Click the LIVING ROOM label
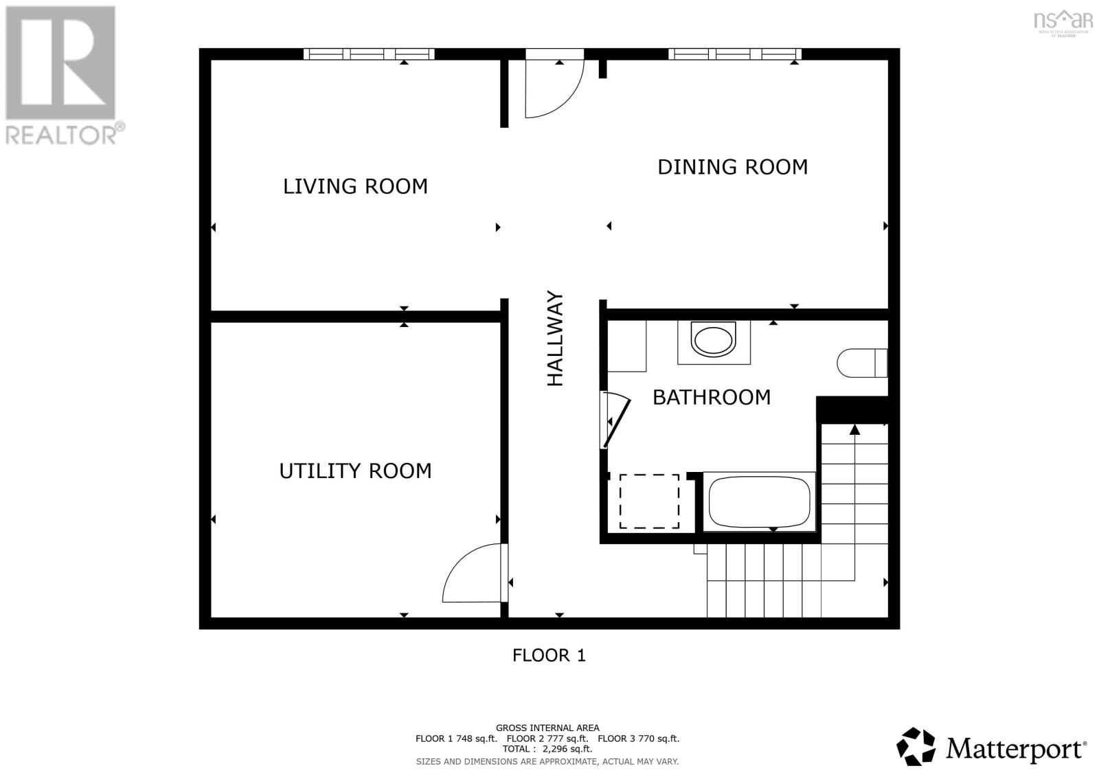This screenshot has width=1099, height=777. pos(355,186)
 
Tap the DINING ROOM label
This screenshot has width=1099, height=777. pos(732,167)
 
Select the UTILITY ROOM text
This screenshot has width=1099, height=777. pos(355,471)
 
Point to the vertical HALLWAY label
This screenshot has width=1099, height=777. pos(555,339)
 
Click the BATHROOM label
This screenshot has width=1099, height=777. pos(711,397)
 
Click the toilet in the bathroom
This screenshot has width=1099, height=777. pos(860,363)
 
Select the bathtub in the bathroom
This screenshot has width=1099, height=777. pos(759,502)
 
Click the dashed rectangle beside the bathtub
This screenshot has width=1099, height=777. pos(649,502)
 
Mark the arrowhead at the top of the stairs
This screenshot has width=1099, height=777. pos(854,430)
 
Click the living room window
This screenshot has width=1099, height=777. pos(369,54)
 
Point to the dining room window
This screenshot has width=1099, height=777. pos(735,54)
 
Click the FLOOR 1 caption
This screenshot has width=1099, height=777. pos(549,655)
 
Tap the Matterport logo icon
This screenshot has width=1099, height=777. pos(916,746)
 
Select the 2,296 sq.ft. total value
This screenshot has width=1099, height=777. pos(567,749)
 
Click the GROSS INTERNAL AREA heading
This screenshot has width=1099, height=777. pos(547,728)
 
